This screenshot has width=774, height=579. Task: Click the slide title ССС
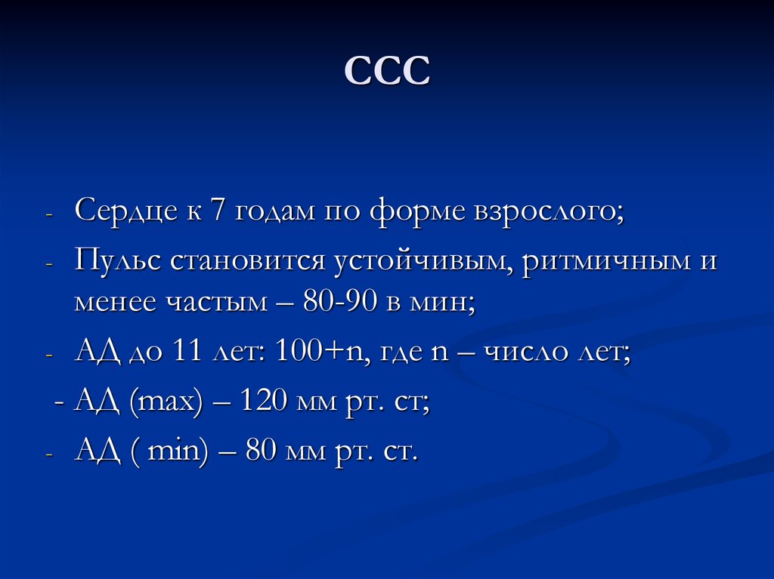click(387, 72)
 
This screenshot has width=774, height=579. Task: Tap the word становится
click(246, 262)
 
